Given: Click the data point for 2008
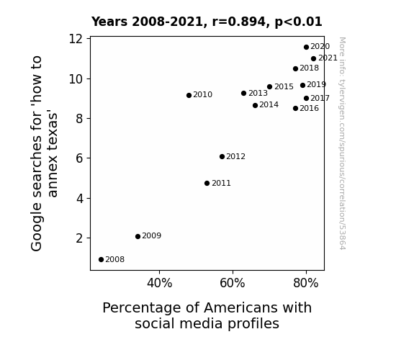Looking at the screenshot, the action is click(101, 260).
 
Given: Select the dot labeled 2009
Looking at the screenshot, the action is click(138, 236).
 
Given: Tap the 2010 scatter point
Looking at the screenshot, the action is click(189, 95).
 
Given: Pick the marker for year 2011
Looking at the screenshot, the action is click(207, 184).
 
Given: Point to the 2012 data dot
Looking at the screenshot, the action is click(222, 157).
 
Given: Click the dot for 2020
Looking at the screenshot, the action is click(306, 48).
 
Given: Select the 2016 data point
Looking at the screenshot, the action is click(295, 108).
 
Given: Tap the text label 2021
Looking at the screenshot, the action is click(328, 58).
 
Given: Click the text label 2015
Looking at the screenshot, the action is click(284, 86).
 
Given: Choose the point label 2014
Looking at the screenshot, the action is click(269, 105).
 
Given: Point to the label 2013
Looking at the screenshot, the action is click(258, 93).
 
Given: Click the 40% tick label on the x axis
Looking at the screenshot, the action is click(159, 283).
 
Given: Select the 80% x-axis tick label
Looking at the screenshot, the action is click(306, 283).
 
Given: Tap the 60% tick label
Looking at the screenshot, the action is click(233, 283).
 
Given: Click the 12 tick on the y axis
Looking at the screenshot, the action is click(76, 39).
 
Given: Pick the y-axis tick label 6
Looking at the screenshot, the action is click(79, 158).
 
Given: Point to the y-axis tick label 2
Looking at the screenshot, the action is click(79, 238).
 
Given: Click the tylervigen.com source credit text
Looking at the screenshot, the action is click(342, 143).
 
